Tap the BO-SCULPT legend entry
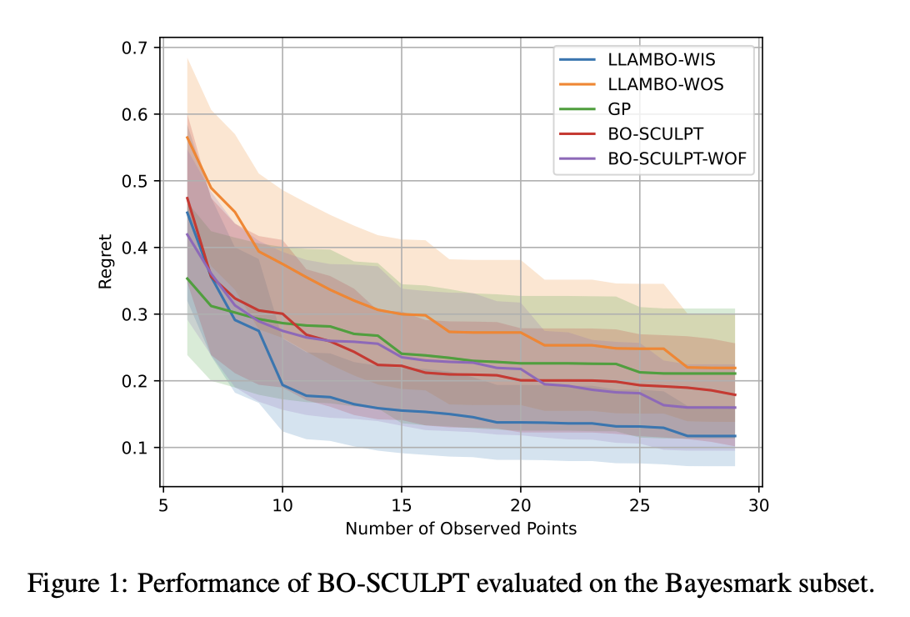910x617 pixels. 655,133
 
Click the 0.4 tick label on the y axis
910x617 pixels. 137,248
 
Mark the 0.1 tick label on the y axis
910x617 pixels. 137,448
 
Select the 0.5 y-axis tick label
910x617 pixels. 137,181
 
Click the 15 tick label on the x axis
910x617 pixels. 402,504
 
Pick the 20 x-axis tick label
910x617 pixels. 521,504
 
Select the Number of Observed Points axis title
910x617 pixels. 460,528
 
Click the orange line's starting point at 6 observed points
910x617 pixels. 187,137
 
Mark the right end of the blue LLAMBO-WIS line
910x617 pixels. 735,436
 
